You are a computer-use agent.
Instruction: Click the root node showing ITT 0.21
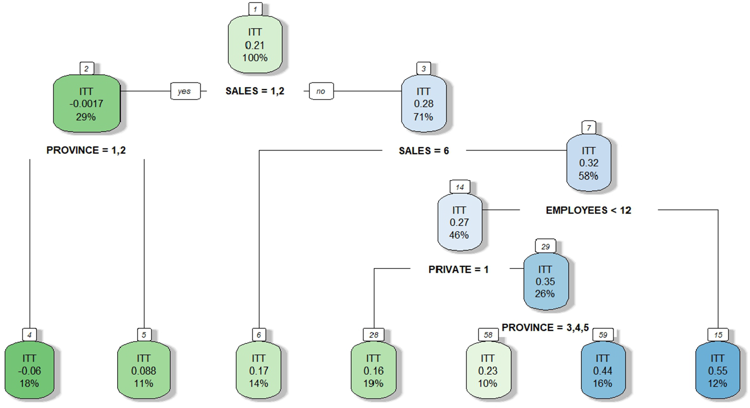(x=255, y=44)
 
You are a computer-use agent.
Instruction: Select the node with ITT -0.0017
(x=86, y=104)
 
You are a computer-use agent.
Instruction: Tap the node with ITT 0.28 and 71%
(x=424, y=104)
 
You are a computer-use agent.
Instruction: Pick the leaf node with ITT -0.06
(x=30, y=370)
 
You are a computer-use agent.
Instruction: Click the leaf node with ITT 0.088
(x=144, y=370)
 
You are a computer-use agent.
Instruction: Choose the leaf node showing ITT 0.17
(x=258, y=370)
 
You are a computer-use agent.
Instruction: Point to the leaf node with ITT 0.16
(x=373, y=370)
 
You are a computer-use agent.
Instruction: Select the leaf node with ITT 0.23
(x=488, y=370)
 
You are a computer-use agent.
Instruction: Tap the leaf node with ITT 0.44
(x=603, y=370)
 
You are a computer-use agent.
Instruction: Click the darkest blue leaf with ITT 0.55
(x=717, y=370)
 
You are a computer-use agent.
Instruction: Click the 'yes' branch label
(x=185, y=91)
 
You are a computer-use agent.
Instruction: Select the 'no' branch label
(x=321, y=91)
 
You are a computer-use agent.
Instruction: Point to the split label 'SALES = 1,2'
(x=255, y=91)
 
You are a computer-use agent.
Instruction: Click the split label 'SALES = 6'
(x=424, y=150)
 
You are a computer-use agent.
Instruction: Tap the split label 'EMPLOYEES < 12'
(x=588, y=210)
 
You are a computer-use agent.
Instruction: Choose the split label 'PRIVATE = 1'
(x=458, y=269)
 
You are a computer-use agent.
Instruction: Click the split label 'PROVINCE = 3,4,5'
(x=545, y=327)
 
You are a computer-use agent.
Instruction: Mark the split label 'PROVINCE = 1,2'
(x=86, y=150)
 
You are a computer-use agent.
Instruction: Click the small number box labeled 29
(x=545, y=246)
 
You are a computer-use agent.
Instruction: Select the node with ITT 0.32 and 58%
(x=588, y=163)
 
